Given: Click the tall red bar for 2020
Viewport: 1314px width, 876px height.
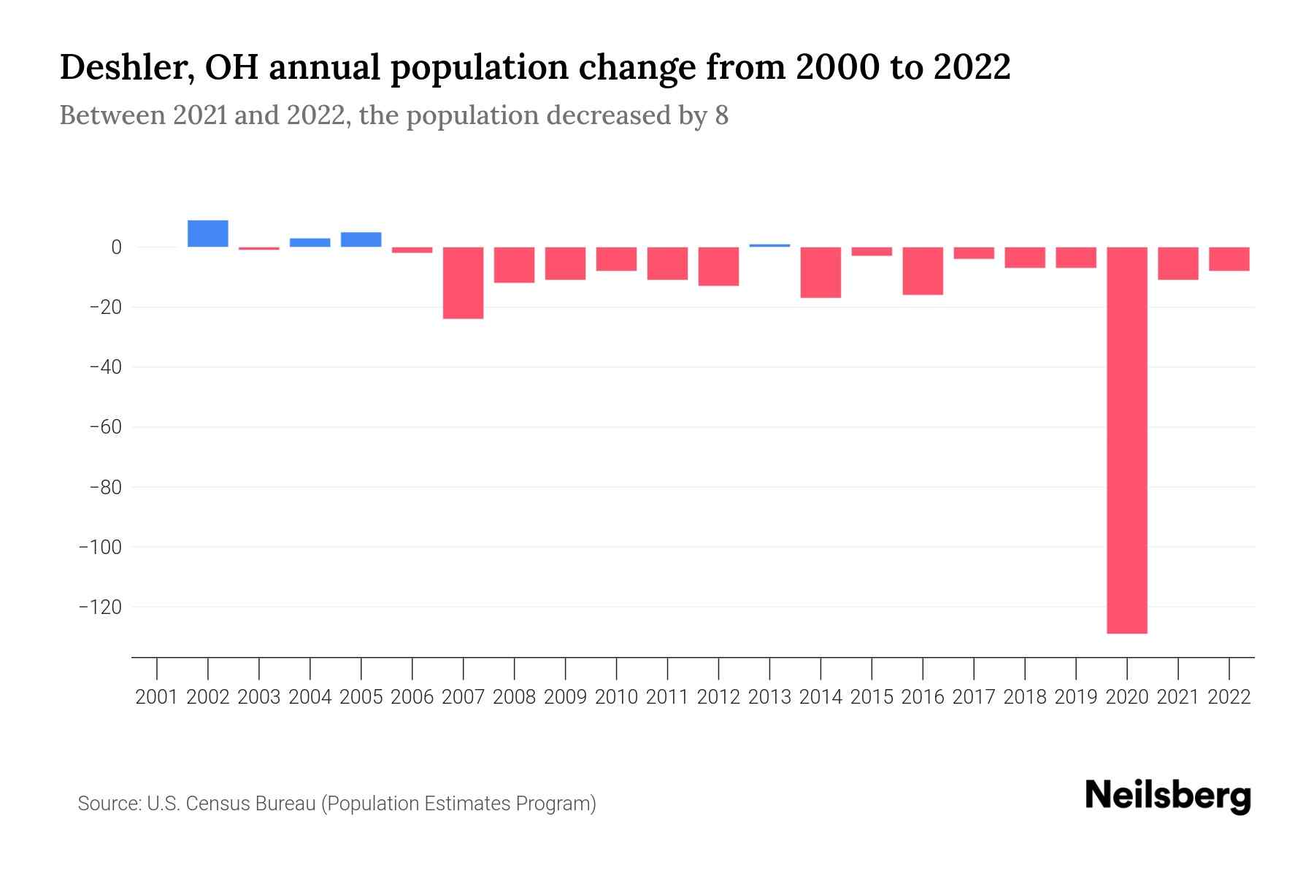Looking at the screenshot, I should [x=1127, y=440].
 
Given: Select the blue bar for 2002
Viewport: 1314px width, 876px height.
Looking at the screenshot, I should [x=208, y=234].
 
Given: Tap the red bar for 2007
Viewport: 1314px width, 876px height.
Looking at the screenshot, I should [x=464, y=283].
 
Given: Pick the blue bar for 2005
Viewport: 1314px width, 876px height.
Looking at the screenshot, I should [x=361, y=239].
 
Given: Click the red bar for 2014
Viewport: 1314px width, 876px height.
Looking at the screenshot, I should [x=821, y=272].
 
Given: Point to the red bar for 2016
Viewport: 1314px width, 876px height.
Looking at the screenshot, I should [x=923, y=271].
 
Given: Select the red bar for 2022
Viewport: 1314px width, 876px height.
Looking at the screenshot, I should [x=1229, y=259].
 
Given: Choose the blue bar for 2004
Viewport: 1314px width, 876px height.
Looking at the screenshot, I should [x=310, y=242].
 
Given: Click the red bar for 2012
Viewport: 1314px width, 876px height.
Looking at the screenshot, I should [x=718, y=266].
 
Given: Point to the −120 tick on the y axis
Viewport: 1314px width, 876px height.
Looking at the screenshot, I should [x=101, y=607].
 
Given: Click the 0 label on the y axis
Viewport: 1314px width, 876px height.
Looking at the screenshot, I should [x=116, y=247].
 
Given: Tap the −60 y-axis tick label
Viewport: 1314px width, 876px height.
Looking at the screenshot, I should [x=105, y=427].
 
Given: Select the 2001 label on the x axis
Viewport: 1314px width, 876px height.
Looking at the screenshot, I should [x=157, y=697].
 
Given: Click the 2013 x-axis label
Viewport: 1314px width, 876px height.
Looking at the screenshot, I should [x=769, y=697].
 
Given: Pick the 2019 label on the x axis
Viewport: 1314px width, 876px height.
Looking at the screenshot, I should [x=1076, y=697].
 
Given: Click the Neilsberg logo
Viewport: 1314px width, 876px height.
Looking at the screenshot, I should [x=1168, y=796].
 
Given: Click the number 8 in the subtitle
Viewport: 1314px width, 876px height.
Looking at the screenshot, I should [x=721, y=115].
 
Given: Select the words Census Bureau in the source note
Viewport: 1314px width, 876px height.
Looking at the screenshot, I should [x=252, y=804].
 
